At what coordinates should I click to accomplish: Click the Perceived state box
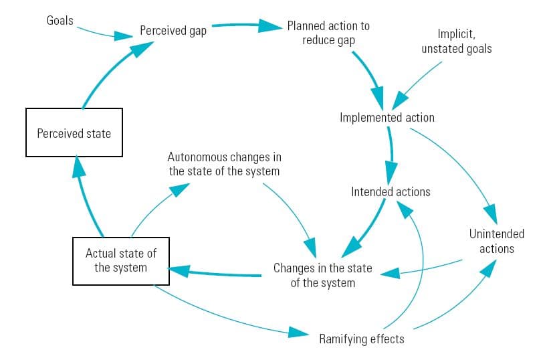coord(74,132)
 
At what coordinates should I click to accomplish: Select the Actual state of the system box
coord(120,260)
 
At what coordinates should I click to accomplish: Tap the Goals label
coord(60,20)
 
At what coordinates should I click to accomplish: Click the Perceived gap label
coord(173,31)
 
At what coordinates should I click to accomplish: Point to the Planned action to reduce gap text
coord(328,33)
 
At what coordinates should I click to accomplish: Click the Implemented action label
coord(387,118)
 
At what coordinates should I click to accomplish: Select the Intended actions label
coord(391,192)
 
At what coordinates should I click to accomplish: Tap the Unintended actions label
coord(496,241)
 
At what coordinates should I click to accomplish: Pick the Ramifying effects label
coord(361,339)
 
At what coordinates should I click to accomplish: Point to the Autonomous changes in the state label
coord(224,164)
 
